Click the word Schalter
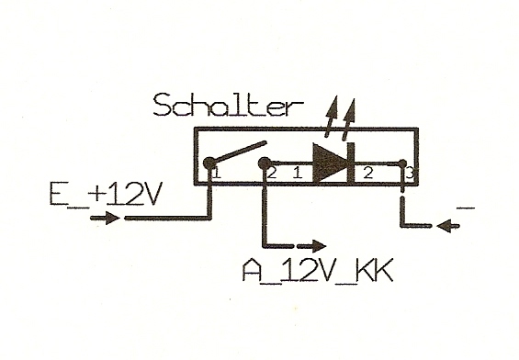228,105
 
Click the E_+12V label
106,194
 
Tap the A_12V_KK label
318,270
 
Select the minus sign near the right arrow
466,208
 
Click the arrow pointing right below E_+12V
105,218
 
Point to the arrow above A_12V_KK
311,246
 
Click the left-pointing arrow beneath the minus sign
448,226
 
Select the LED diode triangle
330,163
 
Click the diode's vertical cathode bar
351,163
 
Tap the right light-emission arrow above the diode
349,118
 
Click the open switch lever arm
240,152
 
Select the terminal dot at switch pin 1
209,163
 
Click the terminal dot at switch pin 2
264,163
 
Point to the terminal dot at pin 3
402,163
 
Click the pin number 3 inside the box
410,173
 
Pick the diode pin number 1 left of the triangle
298,173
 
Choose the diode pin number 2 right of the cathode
368,173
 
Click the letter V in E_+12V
151,194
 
